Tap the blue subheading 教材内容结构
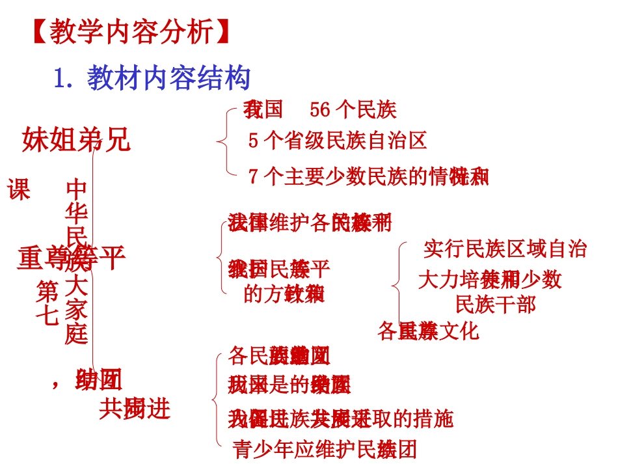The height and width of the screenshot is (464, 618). (169, 79)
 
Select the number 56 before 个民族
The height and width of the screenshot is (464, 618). (320, 109)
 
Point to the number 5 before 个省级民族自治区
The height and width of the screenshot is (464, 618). (253, 141)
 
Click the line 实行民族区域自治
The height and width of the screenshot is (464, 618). (505, 249)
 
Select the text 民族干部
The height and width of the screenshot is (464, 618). (496, 304)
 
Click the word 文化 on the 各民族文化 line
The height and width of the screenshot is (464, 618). (458, 331)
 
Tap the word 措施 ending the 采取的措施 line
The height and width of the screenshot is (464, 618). (433, 419)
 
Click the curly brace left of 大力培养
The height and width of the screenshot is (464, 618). (396, 284)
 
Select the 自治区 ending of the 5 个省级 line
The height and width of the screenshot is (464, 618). (404, 141)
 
